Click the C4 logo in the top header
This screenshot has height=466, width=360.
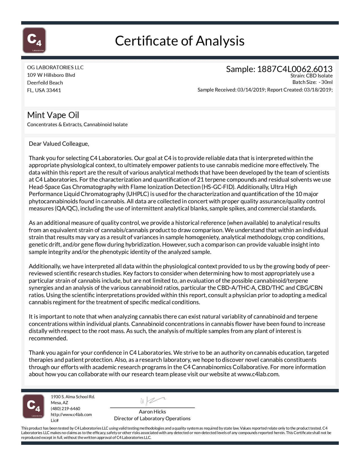click(x=34, y=40)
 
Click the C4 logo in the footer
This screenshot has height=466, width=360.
click(x=33, y=406)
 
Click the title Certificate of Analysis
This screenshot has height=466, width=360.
click(x=180, y=41)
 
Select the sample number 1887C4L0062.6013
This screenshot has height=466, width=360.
click(x=294, y=69)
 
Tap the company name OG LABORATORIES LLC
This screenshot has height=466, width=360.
click(x=55, y=67)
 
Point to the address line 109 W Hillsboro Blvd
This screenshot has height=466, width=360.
click(x=51, y=75)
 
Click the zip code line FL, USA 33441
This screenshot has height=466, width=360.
click(x=44, y=90)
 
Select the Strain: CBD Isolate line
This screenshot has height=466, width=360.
click(x=311, y=76)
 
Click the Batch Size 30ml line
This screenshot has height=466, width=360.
click(x=312, y=82)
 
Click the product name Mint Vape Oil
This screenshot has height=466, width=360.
click(x=53, y=115)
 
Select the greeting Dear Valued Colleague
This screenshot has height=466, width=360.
click(x=59, y=144)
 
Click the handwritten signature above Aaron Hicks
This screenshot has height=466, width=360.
click(x=152, y=401)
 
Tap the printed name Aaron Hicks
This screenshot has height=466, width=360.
click(x=152, y=412)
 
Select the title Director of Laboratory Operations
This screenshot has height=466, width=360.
click(x=152, y=419)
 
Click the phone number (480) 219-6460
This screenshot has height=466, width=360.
click(x=65, y=409)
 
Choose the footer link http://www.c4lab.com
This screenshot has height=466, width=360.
click(x=71, y=415)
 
